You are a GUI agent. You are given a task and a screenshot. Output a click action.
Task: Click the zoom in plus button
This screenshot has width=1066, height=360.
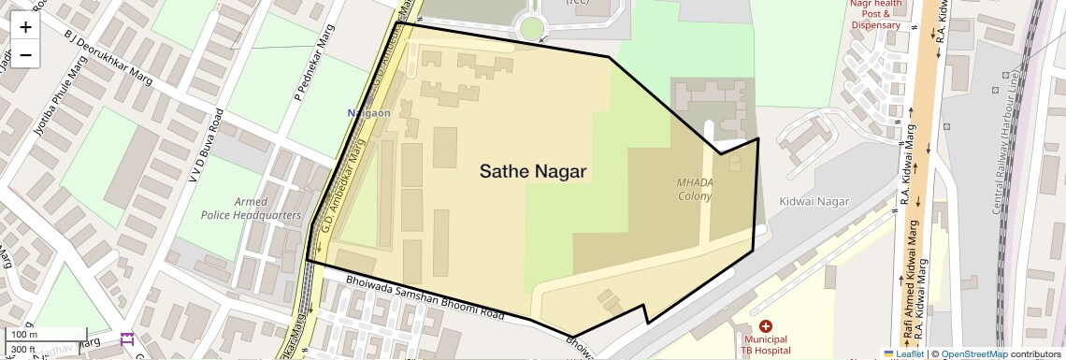pyautogui.click(x=25, y=26)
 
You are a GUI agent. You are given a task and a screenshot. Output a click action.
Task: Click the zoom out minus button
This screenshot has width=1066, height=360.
pyautogui.click(x=25, y=54)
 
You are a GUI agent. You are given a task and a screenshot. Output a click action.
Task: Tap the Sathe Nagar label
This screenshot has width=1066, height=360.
pyautogui.click(x=533, y=171)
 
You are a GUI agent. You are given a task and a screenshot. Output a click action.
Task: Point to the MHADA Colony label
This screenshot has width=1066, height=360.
pyautogui.click(x=695, y=189)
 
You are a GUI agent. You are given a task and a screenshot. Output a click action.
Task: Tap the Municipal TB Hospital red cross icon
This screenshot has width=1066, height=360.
pyautogui.click(x=766, y=326)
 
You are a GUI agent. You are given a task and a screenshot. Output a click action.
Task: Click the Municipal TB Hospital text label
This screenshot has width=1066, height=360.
pyautogui.click(x=766, y=344)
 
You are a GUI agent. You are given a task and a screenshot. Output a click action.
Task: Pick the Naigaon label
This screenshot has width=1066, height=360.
pyautogui.click(x=368, y=113)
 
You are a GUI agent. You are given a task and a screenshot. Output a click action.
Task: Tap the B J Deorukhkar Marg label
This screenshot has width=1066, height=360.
pyautogui.click(x=107, y=55)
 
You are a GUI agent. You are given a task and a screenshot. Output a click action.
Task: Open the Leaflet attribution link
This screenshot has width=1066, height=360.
pyautogui.click(x=903, y=353)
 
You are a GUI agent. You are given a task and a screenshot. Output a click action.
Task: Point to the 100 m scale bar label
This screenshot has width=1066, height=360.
pyautogui.click(x=24, y=335)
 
